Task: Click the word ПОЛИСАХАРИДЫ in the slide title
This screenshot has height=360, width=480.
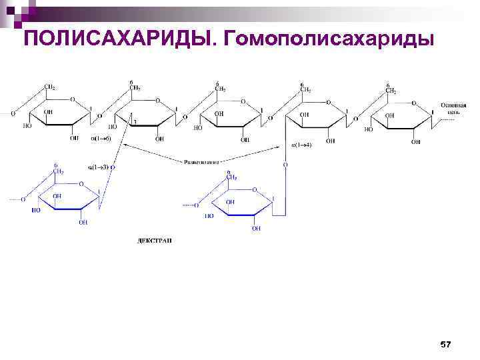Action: [119, 39]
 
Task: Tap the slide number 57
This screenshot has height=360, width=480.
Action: [445, 344]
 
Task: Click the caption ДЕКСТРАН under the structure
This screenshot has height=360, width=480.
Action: [154, 241]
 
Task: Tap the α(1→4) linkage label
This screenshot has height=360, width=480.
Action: [301, 145]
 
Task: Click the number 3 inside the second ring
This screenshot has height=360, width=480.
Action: [135, 122]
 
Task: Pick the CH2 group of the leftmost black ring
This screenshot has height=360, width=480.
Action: [49, 87]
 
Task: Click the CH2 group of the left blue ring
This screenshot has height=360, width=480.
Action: [58, 171]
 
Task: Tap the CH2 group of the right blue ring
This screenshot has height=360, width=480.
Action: [231, 177]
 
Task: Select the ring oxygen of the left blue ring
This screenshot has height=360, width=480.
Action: [81, 183]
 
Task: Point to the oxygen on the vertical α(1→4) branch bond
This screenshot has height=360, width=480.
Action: [285, 164]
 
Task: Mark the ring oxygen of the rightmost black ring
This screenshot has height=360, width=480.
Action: [414, 103]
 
